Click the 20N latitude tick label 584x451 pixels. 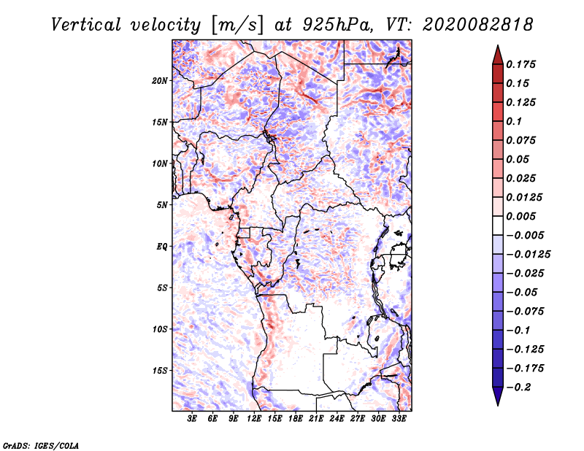(160, 81)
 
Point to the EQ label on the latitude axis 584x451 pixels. (162, 247)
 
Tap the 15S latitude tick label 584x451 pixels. (160, 371)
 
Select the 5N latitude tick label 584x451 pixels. (162, 205)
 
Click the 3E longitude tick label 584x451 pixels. (192, 419)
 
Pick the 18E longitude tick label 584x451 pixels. (296, 419)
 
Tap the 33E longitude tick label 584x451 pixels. (399, 419)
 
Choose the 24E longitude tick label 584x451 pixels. (337, 419)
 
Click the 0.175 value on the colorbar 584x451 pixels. (520, 64)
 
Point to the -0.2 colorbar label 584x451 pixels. (518, 388)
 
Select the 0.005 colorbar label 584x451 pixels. (520, 216)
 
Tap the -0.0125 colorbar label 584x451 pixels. (528, 255)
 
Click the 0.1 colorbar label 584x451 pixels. (514, 121)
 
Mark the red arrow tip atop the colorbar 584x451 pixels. (498, 45)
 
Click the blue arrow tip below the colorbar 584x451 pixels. (498, 405)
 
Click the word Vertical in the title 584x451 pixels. (86, 25)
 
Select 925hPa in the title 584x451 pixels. (337, 25)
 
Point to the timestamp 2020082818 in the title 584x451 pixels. (478, 25)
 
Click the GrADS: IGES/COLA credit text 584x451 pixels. (41, 445)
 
